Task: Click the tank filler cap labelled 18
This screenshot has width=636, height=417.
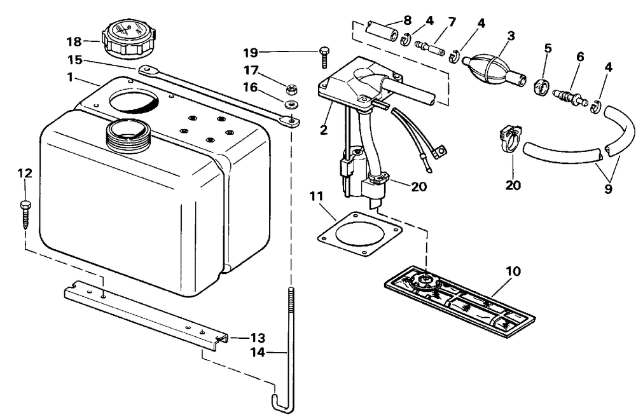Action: (129, 39)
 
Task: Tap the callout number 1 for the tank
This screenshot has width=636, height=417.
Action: (70, 77)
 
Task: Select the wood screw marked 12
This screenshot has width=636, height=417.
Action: (25, 214)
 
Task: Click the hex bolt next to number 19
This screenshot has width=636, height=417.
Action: (324, 57)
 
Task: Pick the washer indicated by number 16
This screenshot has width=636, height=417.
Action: (291, 104)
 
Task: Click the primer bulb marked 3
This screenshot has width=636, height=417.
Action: (494, 69)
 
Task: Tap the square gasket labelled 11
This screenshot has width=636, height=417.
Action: (359, 235)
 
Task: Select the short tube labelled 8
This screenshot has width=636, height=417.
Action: (381, 32)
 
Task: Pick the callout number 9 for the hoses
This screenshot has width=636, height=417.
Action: (608, 189)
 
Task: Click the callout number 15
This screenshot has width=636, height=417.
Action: (75, 60)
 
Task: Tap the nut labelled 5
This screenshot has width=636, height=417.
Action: (540, 86)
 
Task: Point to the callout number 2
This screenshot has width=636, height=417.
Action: (324, 130)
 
